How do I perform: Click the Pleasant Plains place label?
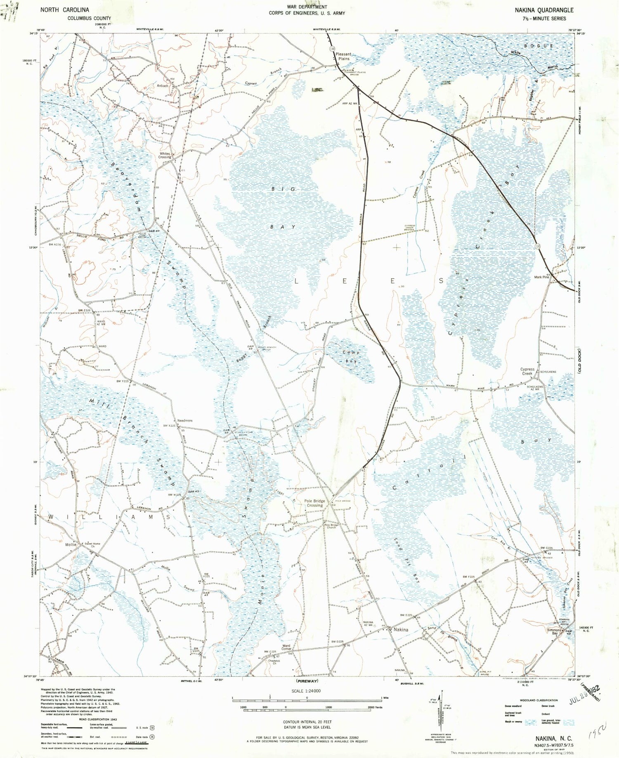click(343, 56)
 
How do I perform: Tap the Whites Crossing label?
click(165, 155)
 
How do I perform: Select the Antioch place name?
click(163, 86)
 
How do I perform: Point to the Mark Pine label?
click(541, 277)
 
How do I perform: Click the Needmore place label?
click(185, 421)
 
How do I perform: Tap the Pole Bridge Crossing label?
click(314, 503)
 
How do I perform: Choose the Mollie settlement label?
click(71, 544)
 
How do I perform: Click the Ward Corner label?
click(286, 647)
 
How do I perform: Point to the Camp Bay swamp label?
click(351, 357)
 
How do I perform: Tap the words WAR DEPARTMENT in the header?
click(307, 7)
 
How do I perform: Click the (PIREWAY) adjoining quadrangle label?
click(307, 681)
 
